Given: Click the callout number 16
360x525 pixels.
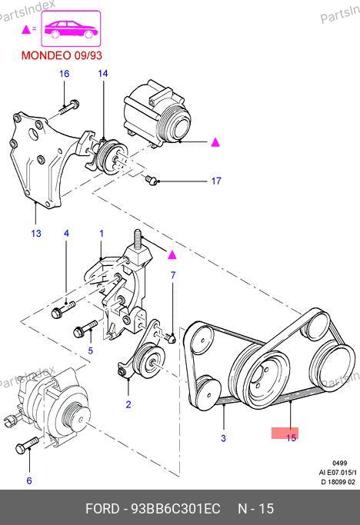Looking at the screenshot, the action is click(x=64, y=74).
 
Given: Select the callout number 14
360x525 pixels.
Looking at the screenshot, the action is click(x=103, y=74).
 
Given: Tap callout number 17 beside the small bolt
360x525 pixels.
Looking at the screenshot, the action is click(x=216, y=181).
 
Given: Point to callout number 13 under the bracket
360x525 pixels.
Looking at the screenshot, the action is click(x=36, y=234).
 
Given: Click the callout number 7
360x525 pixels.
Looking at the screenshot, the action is click(x=173, y=275).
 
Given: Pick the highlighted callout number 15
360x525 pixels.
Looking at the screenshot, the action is click(x=292, y=437).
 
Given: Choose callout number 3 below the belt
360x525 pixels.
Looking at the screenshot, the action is click(x=224, y=438).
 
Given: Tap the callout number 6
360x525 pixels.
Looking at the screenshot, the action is click(x=29, y=481).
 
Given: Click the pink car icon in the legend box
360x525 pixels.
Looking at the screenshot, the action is click(x=71, y=29).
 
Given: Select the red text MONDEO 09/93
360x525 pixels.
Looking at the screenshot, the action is click(x=62, y=55).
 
